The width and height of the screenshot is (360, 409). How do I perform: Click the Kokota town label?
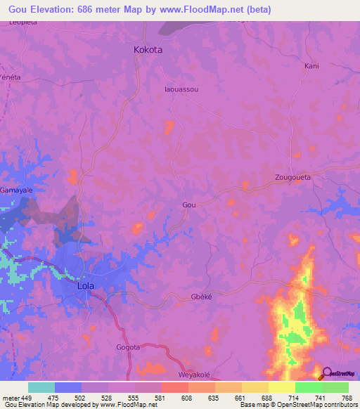tap(148, 50)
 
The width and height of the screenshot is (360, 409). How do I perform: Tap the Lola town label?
tap(85, 287)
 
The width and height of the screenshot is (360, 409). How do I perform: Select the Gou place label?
tap(188, 204)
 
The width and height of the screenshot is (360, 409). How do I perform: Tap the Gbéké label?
tap(201, 297)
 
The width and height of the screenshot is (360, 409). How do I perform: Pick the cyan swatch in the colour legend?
tap(41, 387)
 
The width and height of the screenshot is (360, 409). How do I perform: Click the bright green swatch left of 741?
tap(308, 387)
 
